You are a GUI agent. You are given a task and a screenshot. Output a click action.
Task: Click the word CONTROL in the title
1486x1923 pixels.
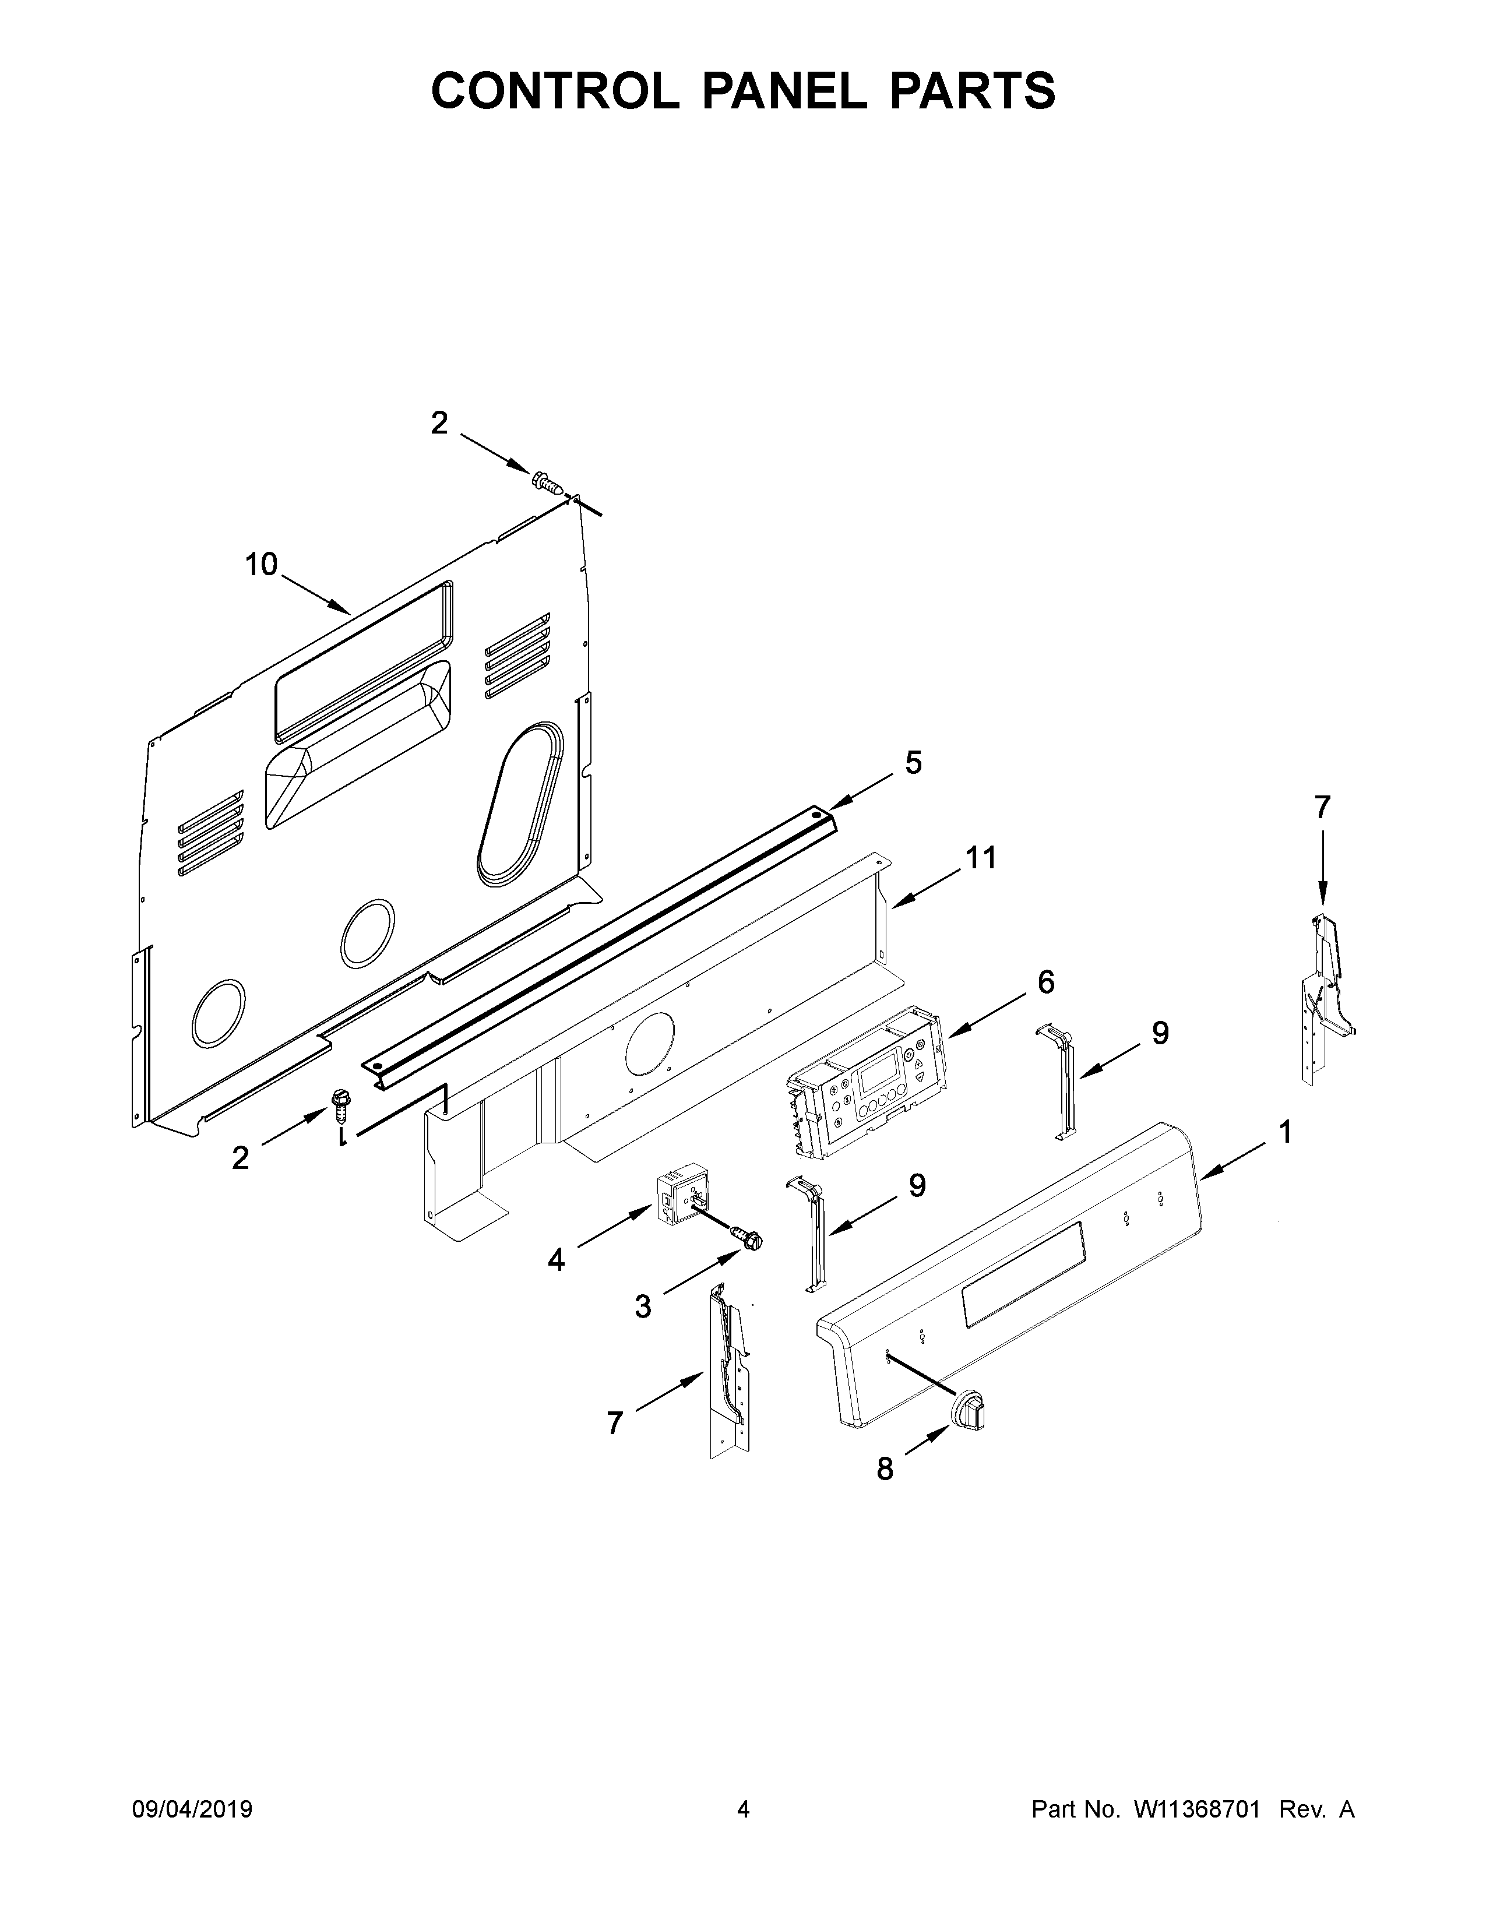[x=555, y=91]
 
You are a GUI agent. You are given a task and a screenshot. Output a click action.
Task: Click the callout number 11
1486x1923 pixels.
[x=981, y=857]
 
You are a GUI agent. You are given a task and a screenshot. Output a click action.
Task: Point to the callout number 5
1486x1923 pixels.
[x=913, y=763]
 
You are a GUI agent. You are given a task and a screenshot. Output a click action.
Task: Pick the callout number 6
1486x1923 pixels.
[x=1046, y=982]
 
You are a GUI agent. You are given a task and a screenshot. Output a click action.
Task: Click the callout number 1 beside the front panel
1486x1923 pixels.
[x=1286, y=1132]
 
